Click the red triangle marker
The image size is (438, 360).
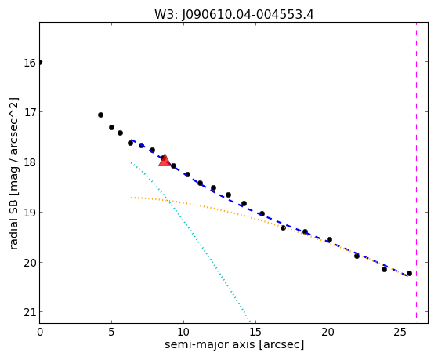click(165, 161)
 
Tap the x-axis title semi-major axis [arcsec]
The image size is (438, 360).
click(234, 344)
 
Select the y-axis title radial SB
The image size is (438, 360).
click(13, 173)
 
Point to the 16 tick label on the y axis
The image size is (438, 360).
click(30, 63)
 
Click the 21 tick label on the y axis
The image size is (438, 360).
click(30, 312)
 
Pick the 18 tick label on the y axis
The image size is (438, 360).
click(30, 163)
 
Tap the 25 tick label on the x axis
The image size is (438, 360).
click(400, 332)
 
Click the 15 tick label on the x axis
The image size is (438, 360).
click(256, 332)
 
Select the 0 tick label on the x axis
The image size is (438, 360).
click(40, 332)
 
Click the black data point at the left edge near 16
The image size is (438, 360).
click(40, 62)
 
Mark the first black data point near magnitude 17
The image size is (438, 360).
click(100, 115)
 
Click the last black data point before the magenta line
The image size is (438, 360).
click(409, 273)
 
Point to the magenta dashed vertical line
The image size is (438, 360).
click(417, 170)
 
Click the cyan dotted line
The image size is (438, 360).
click(190, 242)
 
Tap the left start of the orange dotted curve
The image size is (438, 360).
click(131, 198)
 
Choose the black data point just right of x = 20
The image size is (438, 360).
click(329, 239)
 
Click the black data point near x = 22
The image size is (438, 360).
click(357, 256)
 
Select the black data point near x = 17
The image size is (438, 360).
click(283, 227)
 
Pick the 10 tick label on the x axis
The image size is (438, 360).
click(184, 332)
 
